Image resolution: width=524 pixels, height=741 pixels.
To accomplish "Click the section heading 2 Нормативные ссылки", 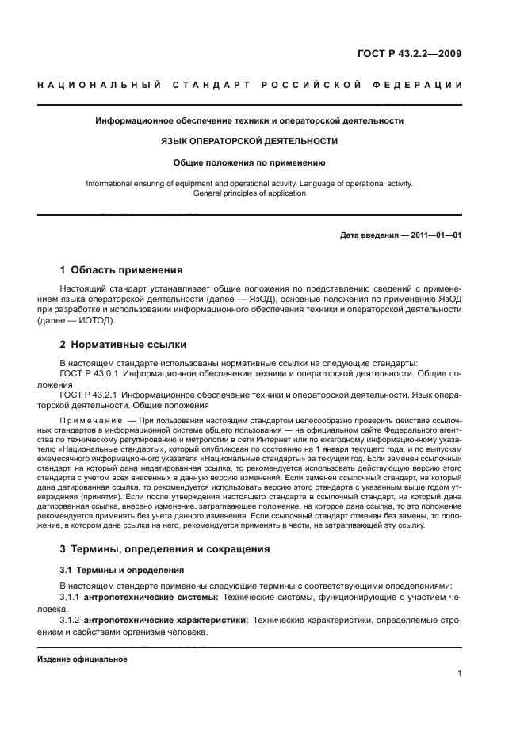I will coord(123,346).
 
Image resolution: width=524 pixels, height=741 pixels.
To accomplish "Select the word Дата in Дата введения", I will coord(351,235).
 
